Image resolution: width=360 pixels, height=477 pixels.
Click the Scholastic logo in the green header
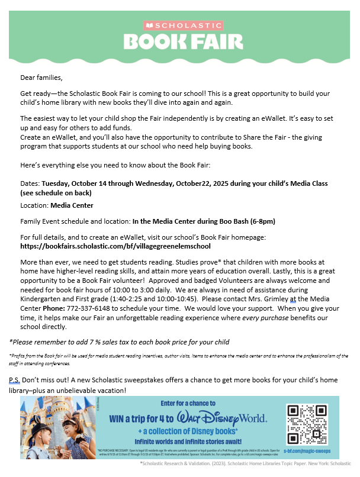(x=183, y=25)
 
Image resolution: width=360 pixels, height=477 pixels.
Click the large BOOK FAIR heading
(x=183, y=41)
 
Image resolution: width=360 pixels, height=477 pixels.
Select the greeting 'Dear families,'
(x=41, y=78)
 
